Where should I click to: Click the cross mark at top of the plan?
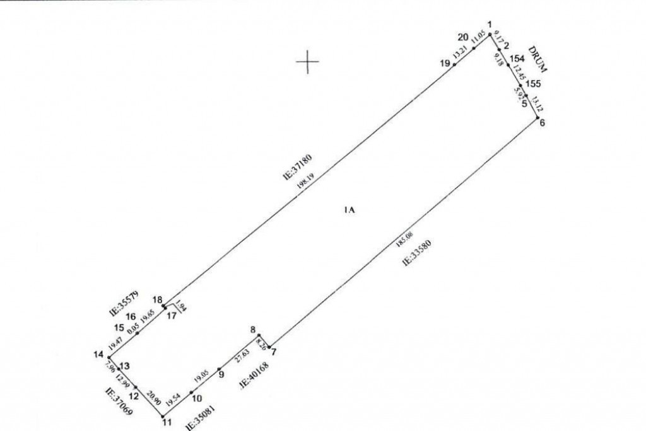click(x=307, y=61)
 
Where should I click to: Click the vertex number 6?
click(x=542, y=122)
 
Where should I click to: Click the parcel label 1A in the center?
click(x=350, y=210)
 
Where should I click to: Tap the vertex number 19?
click(x=445, y=63)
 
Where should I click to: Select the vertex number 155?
click(x=533, y=83)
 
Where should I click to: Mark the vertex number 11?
click(x=167, y=423)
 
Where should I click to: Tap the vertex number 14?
click(x=98, y=354)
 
